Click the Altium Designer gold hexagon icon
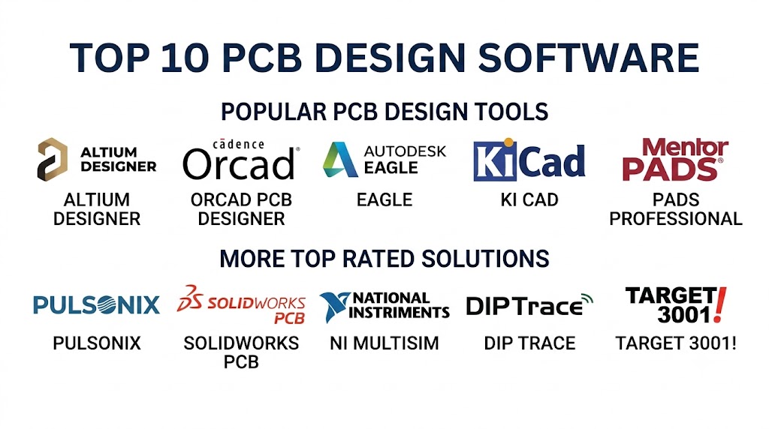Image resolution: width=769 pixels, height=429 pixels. click(x=53, y=160)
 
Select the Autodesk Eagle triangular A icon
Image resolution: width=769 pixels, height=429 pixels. click(x=340, y=160)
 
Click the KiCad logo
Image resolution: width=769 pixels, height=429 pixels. click(x=529, y=160)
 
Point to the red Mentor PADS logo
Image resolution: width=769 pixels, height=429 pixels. click(x=675, y=160)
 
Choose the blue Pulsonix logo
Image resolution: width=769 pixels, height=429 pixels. click(x=97, y=304)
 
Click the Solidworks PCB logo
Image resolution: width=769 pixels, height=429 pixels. click(x=241, y=304)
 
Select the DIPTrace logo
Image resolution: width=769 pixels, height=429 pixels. click(x=529, y=305)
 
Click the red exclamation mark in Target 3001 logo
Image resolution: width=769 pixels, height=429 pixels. click(x=719, y=304)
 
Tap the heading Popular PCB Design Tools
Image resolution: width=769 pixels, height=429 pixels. click(x=384, y=112)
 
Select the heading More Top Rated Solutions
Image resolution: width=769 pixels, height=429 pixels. click(x=384, y=259)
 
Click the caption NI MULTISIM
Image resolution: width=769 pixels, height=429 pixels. click(x=384, y=343)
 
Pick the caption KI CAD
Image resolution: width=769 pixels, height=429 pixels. click(x=529, y=199)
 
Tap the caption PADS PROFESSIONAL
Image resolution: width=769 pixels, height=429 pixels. click(x=676, y=209)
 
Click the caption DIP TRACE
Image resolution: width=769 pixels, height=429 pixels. click(x=529, y=343)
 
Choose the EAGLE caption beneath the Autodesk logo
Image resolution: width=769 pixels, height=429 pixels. click(x=384, y=199)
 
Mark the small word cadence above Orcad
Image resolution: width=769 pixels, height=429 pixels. click(x=238, y=144)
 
